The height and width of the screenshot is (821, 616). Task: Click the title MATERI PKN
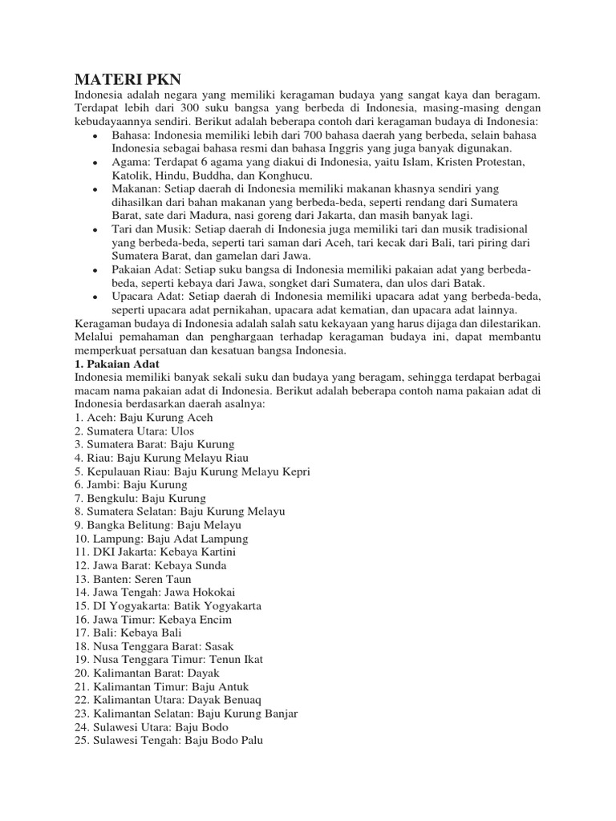(x=128, y=79)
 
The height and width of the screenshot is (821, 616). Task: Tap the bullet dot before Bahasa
(x=95, y=136)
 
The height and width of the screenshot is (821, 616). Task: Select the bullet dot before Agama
(x=95, y=164)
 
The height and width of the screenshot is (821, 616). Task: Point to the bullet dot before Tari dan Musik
(x=95, y=230)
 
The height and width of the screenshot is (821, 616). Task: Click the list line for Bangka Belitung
(x=158, y=525)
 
